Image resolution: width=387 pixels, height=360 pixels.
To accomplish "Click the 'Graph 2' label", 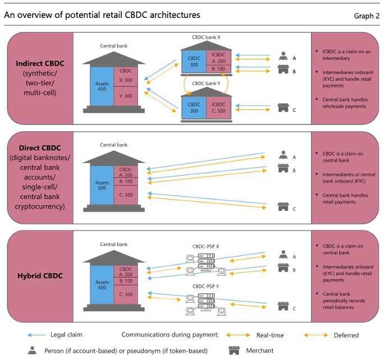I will tap(366, 16).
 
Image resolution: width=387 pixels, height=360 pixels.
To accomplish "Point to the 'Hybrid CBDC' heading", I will tap(38, 276).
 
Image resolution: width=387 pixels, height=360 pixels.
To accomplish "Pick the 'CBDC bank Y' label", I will tap(207, 84).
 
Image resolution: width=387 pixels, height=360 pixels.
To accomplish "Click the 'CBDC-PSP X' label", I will tap(206, 245).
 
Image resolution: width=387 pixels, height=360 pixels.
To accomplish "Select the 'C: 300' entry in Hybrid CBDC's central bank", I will tap(127, 293).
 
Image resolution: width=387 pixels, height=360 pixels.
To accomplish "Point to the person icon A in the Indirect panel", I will tap(283, 57).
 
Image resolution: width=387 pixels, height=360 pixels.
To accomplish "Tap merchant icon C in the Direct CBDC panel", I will tap(283, 209).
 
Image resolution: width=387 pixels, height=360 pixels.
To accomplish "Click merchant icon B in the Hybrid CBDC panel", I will tap(283, 270).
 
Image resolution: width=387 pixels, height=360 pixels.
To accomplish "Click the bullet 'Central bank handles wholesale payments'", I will tap(346, 103).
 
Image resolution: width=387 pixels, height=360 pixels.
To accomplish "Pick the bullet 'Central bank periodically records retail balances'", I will tap(346, 301).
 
